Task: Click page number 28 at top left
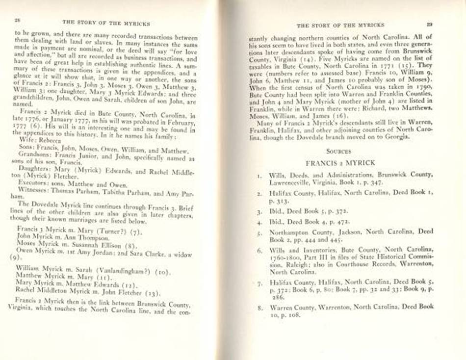(17, 21)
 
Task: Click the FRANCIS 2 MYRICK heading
(340, 162)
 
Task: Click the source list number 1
(259, 175)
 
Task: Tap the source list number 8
(259, 308)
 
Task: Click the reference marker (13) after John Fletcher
(153, 293)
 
